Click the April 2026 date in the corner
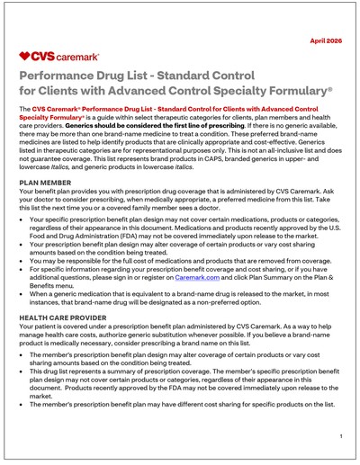pyautogui.click(x=328, y=41)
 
